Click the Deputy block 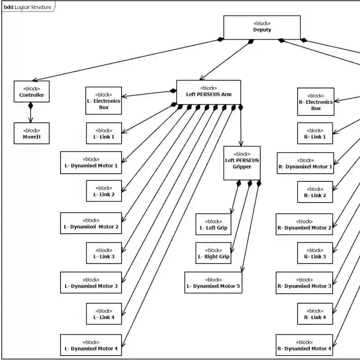[262, 28]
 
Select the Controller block [32, 92]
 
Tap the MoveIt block [32, 133]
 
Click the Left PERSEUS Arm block [209, 92]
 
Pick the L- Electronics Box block [103, 101]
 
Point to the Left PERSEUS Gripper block [242, 163]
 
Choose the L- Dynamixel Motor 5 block [213, 282]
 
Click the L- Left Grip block [213, 224]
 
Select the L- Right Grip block [213, 253]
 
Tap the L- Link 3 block [104, 253]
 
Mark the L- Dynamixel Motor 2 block [91, 223]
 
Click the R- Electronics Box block [316, 102]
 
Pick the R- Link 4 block [315, 314]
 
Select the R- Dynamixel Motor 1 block [305, 163]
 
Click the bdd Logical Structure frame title [28, 7]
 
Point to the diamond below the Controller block [30, 106]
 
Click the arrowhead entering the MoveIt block [31, 120]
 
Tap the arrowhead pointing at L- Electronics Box [124, 96]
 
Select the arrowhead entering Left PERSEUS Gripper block [241, 143]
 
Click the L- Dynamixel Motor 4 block [91, 345]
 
